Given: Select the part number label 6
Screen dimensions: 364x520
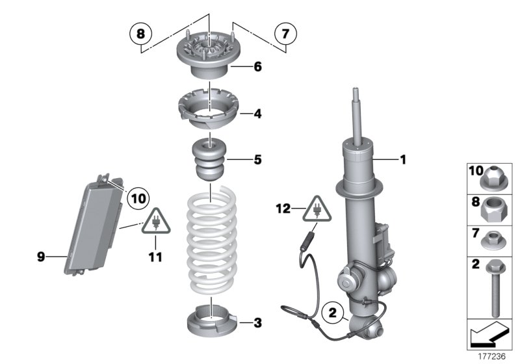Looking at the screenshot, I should point(257,67).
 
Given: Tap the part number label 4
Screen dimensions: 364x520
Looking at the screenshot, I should point(257,113).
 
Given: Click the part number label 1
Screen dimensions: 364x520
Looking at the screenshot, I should point(402,159).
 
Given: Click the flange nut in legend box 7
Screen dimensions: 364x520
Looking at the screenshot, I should point(492,241).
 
